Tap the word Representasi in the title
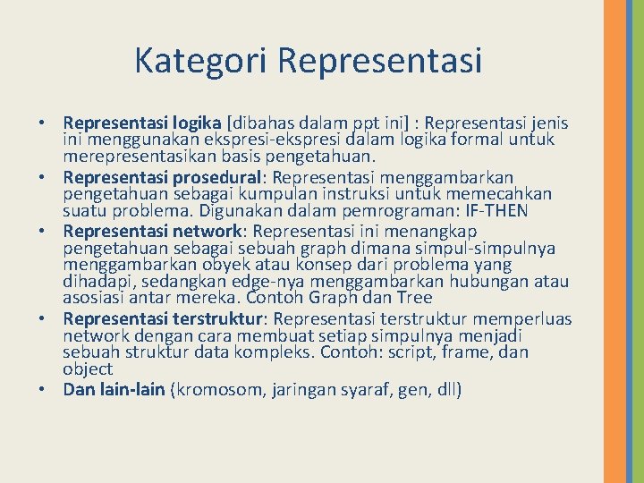pyautogui.click(x=380, y=61)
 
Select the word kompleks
pyautogui.click(x=301, y=352)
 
